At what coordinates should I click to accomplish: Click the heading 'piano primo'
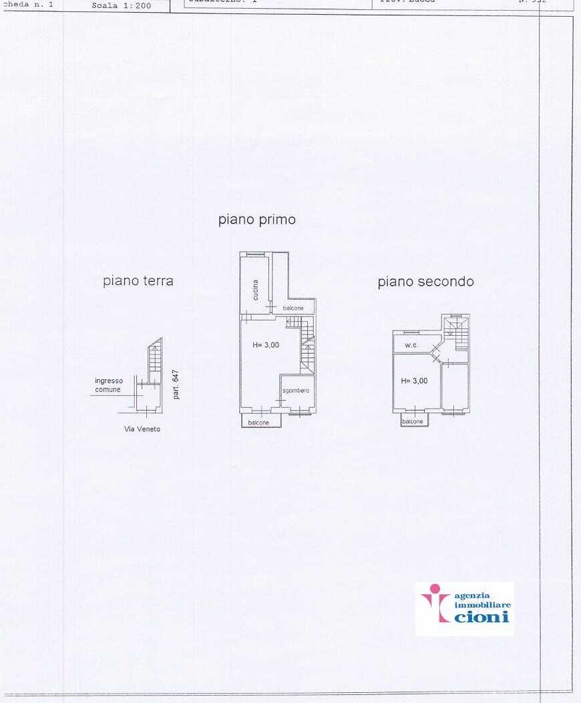256,220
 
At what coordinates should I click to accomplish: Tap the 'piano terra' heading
138,281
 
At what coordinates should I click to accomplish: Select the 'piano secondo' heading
425,282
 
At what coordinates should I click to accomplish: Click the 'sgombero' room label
296,391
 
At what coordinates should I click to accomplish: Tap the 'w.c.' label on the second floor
411,345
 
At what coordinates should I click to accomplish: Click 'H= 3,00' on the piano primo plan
266,345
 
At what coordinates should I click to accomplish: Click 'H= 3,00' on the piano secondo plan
414,381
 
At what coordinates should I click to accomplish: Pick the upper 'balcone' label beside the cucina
293,308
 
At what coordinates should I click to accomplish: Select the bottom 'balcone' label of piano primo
258,423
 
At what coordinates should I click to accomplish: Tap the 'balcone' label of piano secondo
413,421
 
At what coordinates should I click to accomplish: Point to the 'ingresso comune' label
108,385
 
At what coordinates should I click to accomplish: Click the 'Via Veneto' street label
142,429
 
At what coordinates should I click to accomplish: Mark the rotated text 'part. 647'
176,385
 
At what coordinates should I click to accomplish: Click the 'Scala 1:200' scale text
122,6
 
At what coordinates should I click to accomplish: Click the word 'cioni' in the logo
481,617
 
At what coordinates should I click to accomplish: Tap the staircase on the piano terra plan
154,361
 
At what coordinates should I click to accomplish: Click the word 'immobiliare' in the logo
482,604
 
